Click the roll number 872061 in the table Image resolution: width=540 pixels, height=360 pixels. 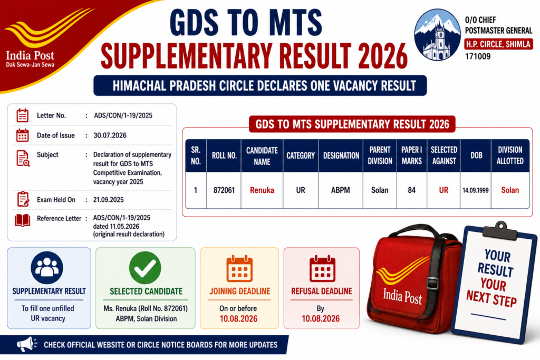tap(224, 190)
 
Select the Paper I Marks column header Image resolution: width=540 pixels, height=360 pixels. tap(411, 155)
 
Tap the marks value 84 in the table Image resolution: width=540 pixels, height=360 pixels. tap(411, 190)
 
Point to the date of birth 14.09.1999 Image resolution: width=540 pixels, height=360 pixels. tap(475, 190)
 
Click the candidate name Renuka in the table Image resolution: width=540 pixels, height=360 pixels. tap(262, 190)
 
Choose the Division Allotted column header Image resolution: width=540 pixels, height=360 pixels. tap(510, 155)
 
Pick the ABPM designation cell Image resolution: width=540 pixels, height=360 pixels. tap(341, 190)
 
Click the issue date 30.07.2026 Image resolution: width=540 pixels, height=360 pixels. tap(110, 135)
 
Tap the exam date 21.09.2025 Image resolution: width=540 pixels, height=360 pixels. tap(108, 200)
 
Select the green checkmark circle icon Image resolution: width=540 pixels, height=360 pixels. tap(145, 268)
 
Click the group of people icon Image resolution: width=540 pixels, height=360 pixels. tap(47, 268)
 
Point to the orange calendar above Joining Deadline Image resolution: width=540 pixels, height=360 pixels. tap(239, 269)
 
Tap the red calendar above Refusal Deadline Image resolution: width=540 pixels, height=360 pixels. tap(322, 269)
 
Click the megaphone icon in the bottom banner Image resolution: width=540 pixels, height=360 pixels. tap(26, 344)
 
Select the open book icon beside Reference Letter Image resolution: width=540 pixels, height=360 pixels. tap(22, 220)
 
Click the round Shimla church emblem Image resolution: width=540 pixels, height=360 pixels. tap(437, 34)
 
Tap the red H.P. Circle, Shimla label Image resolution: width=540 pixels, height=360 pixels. tap(498, 44)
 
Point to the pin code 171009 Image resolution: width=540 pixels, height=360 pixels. tap(478, 56)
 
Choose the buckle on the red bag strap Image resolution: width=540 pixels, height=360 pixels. tap(432, 283)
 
